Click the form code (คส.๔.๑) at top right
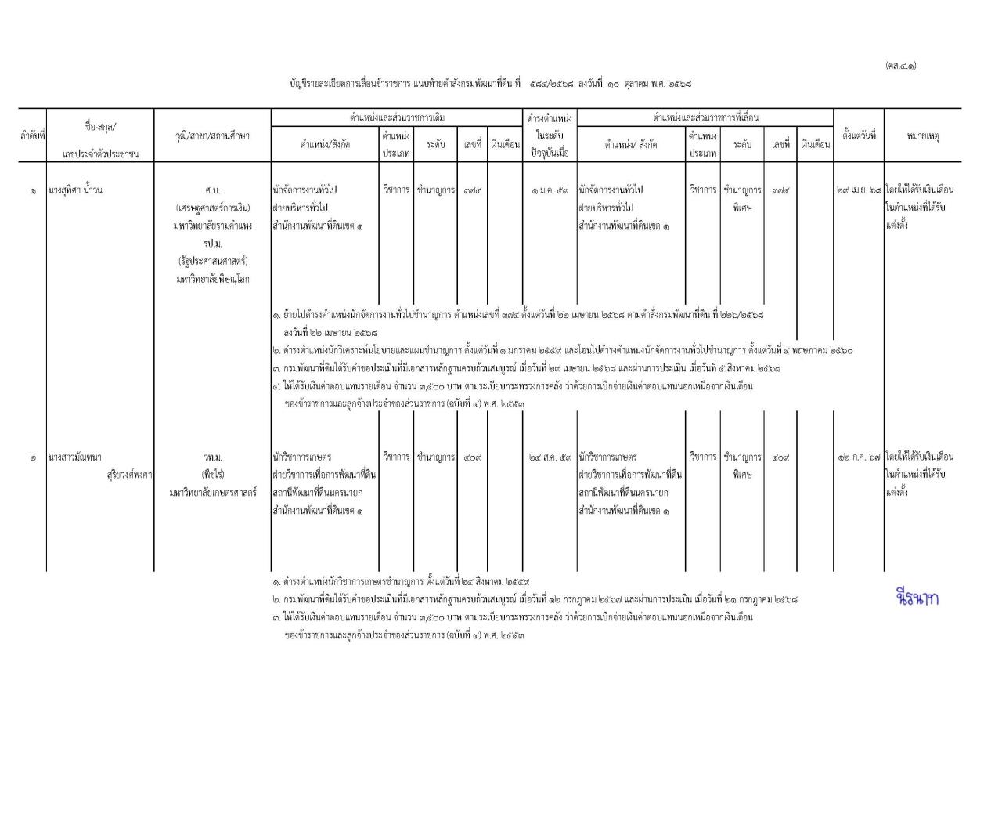pyautogui.click(x=900, y=65)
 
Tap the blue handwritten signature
pyautogui.click(x=916, y=598)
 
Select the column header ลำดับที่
pyautogui.click(x=32, y=136)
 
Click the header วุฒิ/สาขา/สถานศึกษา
pyautogui.click(x=212, y=136)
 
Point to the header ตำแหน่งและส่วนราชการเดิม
pyautogui.click(x=397, y=117)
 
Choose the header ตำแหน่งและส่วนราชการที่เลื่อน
pyautogui.click(x=705, y=117)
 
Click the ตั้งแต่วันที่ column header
pyautogui.click(x=859, y=135)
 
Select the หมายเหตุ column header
pyautogui.click(x=923, y=136)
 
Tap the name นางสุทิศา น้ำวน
pyautogui.click(x=75, y=190)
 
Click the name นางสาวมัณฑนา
pyautogui.click(x=75, y=457)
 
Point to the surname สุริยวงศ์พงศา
pyautogui.click(x=129, y=474)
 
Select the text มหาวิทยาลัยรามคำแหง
pyautogui.click(x=212, y=226)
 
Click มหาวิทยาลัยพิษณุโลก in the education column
pyautogui.click(x=212, y=280)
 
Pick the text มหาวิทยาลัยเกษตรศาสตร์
pyautogui.click(x=212, y=493)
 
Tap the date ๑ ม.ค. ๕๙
pyautogui.click(x=549, y=190)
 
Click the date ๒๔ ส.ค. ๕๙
pyautogui.click(x=549, y=457)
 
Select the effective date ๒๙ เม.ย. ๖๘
pyautogui.click(x=859, y=190)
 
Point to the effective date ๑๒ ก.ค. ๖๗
pyautogui.click(x=859, y=457)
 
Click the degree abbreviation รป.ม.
pyautogui.click(x=212, y=244)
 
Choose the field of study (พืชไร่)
pyautogui.click(x=212, y=475)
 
